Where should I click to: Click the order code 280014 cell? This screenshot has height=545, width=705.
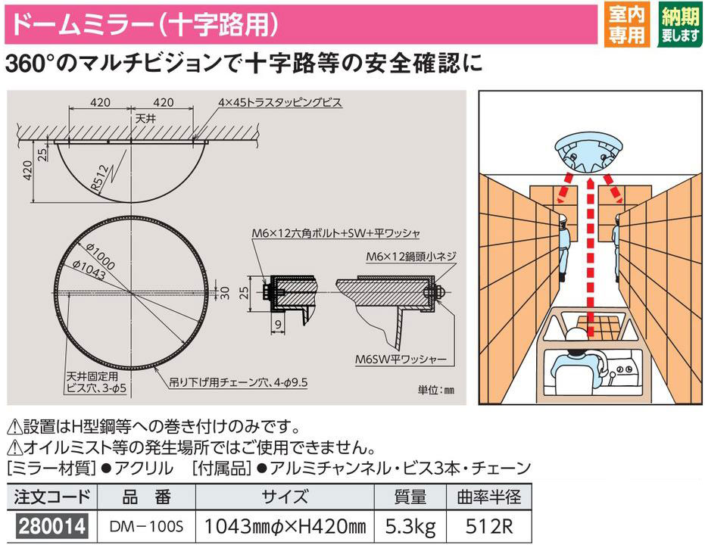point(52,525)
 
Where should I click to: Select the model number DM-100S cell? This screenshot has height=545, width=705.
point(147,526)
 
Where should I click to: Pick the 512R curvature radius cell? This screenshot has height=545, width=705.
point(488,526)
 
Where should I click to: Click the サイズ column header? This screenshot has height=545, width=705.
point(285,497)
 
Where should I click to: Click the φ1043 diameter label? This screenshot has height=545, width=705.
point(89,269)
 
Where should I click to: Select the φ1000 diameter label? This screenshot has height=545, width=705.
point(101,255)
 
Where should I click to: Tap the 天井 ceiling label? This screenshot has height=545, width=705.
point(145,119)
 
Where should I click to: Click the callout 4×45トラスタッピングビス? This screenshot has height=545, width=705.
point(280,102)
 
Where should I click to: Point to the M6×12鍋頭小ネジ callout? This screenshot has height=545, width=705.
point(411,257)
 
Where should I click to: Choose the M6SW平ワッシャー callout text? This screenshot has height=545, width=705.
point(401,359)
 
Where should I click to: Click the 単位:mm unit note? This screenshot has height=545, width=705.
point(436,390)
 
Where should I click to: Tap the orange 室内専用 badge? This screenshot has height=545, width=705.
point(626,23)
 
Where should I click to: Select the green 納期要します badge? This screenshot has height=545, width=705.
point(681,23)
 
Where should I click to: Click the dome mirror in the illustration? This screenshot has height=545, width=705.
point(589,153)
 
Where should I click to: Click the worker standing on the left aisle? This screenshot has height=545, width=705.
point(562,247)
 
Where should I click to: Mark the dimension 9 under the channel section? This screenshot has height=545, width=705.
point(279,324)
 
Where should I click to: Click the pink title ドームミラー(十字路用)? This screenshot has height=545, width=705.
point(145,23)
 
